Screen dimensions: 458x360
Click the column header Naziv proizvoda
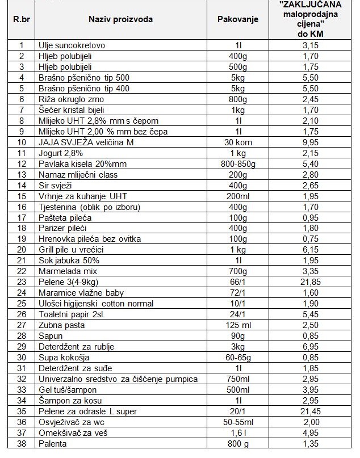(x=120, y=19)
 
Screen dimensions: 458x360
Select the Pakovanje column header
(x=238, y=19)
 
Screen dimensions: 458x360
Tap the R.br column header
(x=22, y=19)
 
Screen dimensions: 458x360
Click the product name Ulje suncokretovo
(x=72, y=45)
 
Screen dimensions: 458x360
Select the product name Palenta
(x=52, y=444)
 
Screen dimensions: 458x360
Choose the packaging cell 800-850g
(x=238, y=163)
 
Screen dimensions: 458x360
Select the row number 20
(x=22, y=250)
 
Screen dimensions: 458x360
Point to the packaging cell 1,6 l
(x=238, y=433)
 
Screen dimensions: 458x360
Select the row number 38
(x=22, y=444)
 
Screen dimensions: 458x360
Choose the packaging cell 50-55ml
(x=238, y=422)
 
